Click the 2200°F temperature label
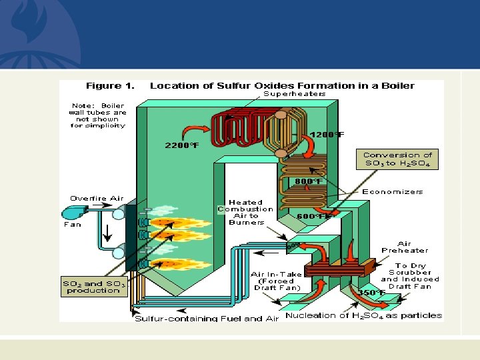(181, 145)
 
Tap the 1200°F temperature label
(327, 135)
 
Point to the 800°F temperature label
(309, 181)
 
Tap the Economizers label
(393, 191)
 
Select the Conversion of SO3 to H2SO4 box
(397, 159)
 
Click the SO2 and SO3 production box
(94, 287)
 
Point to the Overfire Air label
(97, 198)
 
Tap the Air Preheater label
(405, 247)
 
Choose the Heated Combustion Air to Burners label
(246, 212)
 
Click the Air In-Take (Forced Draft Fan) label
(276, 281)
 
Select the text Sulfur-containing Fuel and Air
(207, 319)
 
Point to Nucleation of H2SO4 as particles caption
(363, 315)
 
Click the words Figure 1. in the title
(111, 85)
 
